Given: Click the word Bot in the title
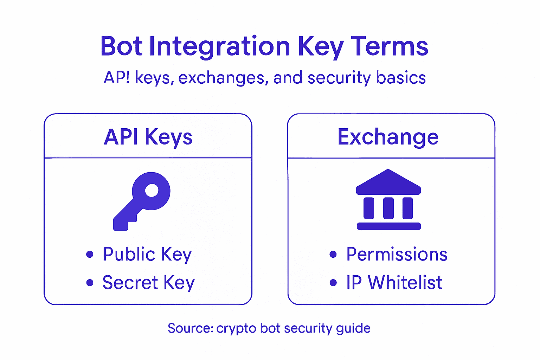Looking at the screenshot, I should [121, 46].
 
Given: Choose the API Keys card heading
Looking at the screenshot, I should [148, 137].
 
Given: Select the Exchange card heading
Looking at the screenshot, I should [388, 137].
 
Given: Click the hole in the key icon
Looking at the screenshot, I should [152, 191].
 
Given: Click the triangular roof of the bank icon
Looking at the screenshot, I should [388, 182].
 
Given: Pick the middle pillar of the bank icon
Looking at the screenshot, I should [388, 208].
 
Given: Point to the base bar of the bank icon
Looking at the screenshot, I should [388, 226].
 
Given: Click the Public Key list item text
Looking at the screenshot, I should [147, 254].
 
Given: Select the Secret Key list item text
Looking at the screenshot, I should [148, 283].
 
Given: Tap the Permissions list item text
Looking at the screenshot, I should [397, 254].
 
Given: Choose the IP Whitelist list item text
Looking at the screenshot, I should [394, 283].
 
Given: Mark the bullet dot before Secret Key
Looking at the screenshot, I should [90, 283].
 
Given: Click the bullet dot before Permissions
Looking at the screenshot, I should [333, 254].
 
